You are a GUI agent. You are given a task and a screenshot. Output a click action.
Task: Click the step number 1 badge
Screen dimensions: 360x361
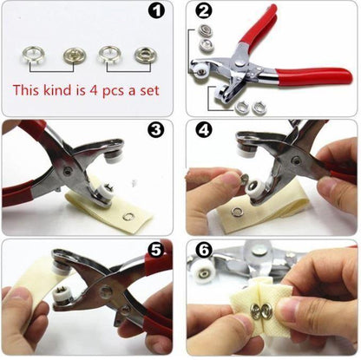click(x=157, y=12)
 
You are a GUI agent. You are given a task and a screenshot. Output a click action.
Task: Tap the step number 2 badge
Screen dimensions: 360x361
click(x=204, y=12)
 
